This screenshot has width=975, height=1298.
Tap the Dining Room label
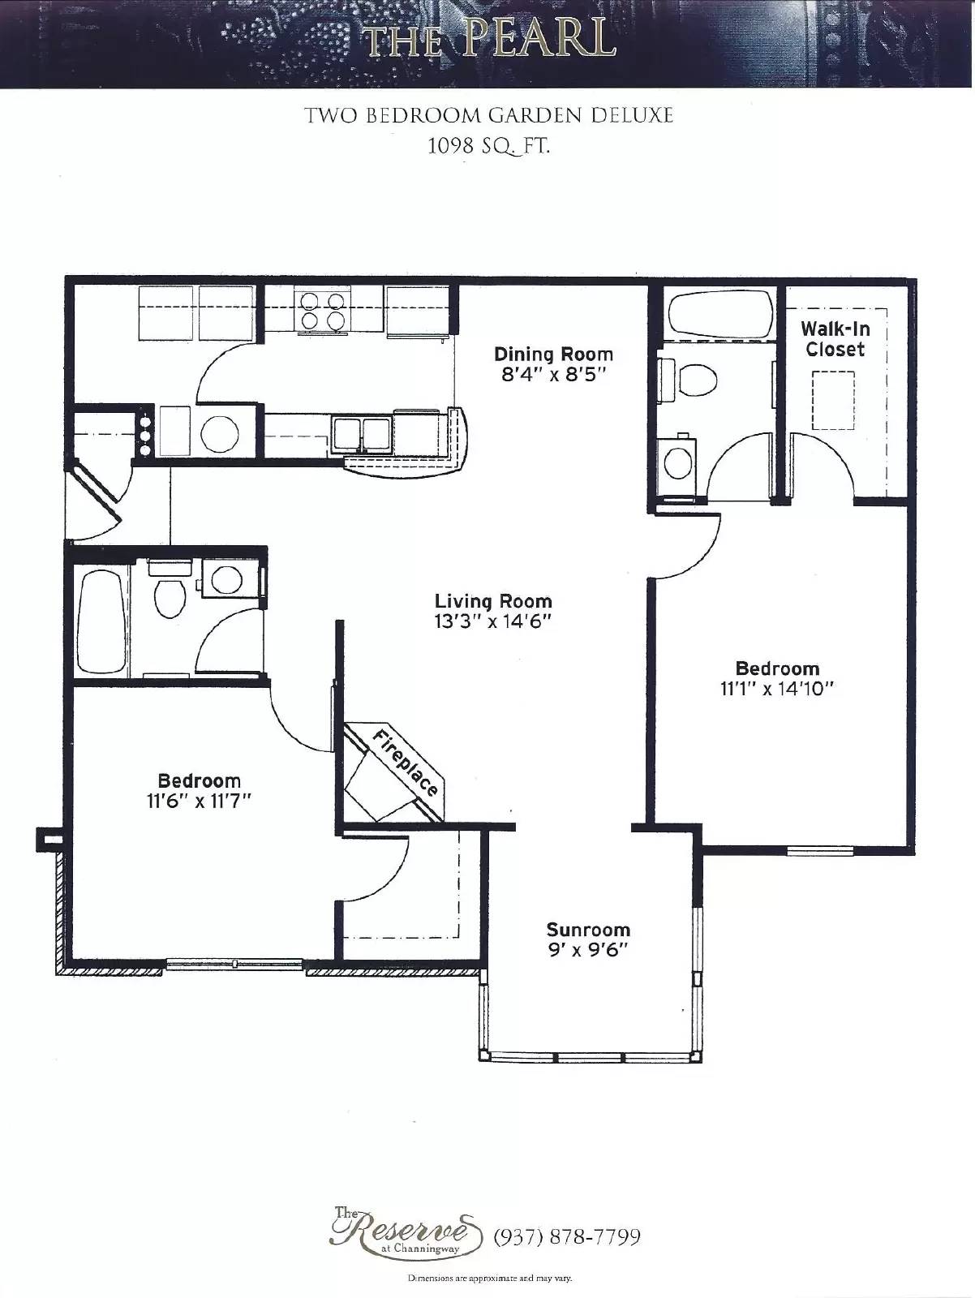tap(553, 354)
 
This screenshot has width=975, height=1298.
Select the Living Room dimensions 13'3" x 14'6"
tap(492, 622)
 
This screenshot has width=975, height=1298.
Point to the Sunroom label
tap(588, 930)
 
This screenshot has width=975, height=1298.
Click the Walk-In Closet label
tap(835, 339)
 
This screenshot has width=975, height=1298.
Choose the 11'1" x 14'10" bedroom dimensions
tap(777, 689)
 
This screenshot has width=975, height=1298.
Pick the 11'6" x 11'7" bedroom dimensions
tap(200, 801)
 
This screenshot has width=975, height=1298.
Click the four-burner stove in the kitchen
tap(321, 311)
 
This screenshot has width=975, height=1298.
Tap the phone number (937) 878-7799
tap(567, 1236)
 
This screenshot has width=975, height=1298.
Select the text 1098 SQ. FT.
tap(488, 147)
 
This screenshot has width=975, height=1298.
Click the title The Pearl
tap(488, 38)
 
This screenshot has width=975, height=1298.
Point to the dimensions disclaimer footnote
tap(489, 1279)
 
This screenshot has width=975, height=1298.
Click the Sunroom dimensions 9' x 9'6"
tap(588, 950)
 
